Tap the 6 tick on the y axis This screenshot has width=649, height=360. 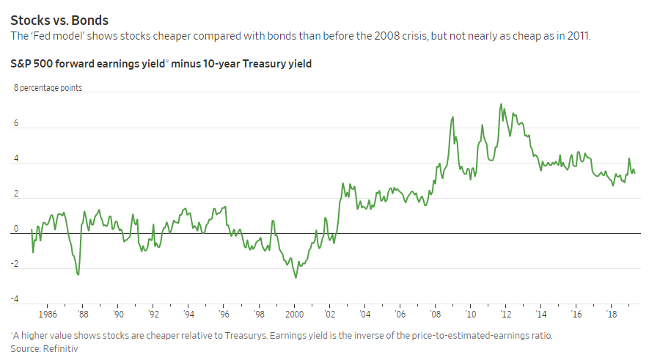click(x=15, y=123)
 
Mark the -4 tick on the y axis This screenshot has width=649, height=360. click(x=14, y=299)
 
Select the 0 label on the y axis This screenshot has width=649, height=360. click(x=15, y=229)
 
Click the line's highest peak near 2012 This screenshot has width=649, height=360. click(x=501, y=104)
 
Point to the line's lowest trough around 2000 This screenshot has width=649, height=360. click(x=296, y=277)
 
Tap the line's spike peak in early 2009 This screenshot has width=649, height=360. click(x=452, y=117)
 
